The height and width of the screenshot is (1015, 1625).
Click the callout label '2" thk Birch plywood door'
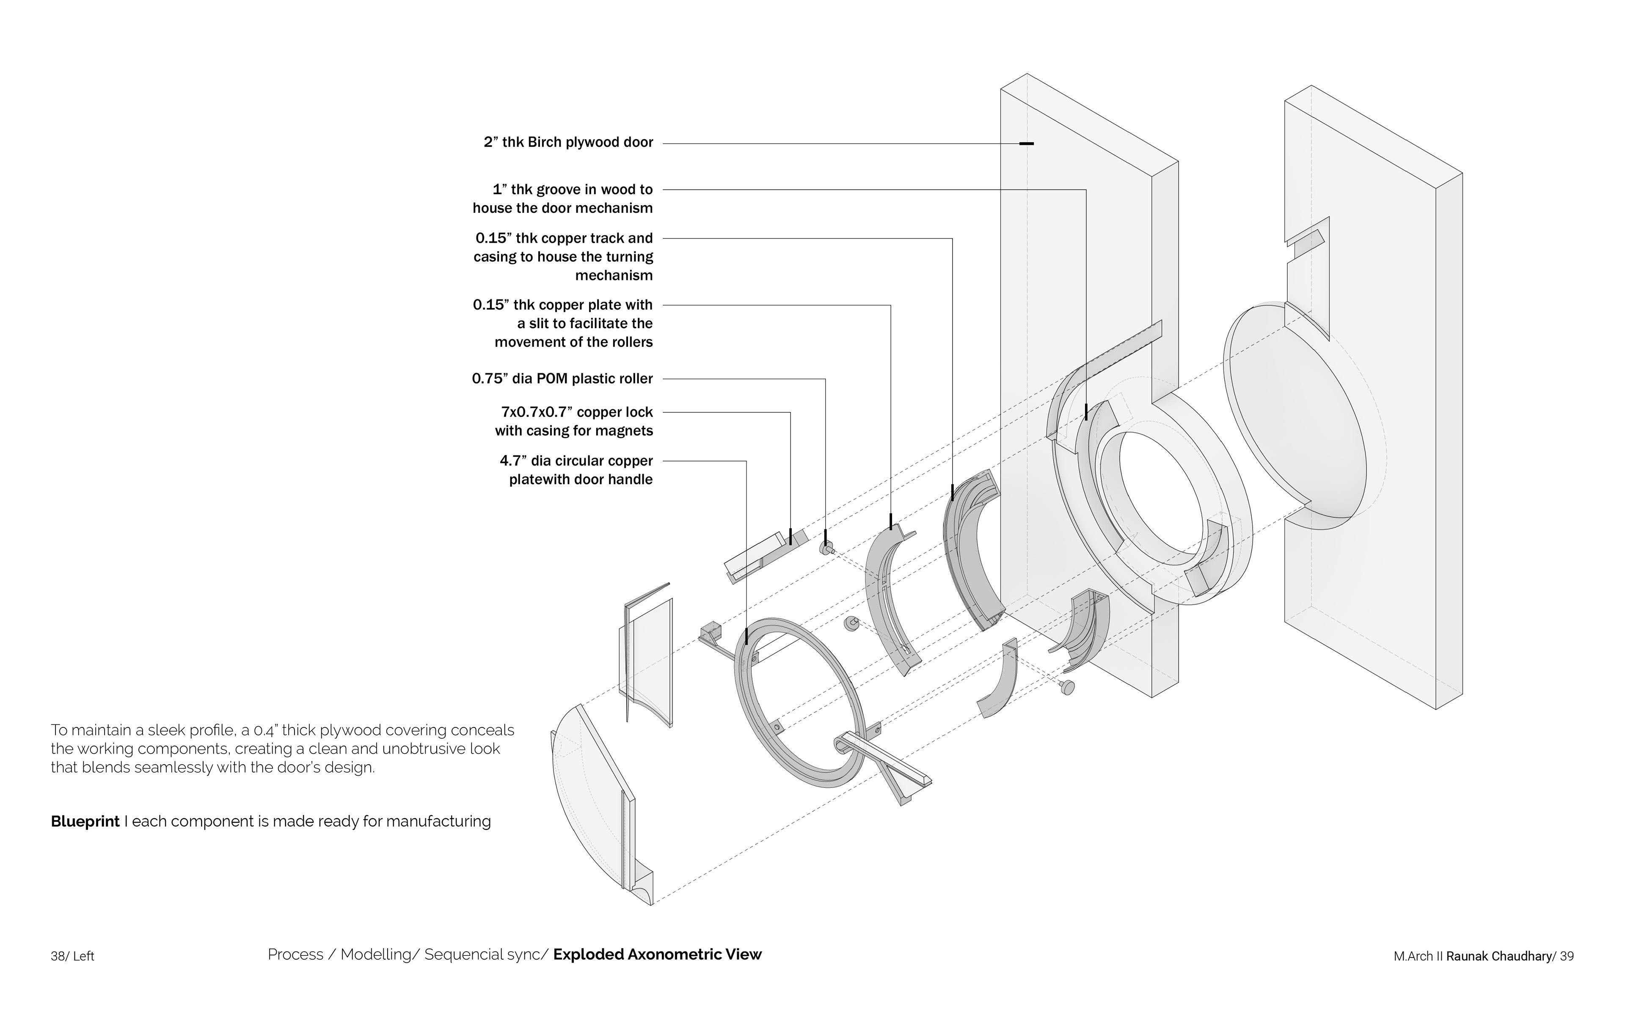(568, 143)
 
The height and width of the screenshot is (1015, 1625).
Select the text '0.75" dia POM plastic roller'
(562, 379)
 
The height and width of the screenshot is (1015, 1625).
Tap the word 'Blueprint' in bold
(85, 821)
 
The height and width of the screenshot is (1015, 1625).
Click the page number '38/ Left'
(72, 956)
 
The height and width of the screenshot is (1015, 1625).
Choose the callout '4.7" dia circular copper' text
(576, 461)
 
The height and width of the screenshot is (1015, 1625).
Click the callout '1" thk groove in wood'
(572, 189)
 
